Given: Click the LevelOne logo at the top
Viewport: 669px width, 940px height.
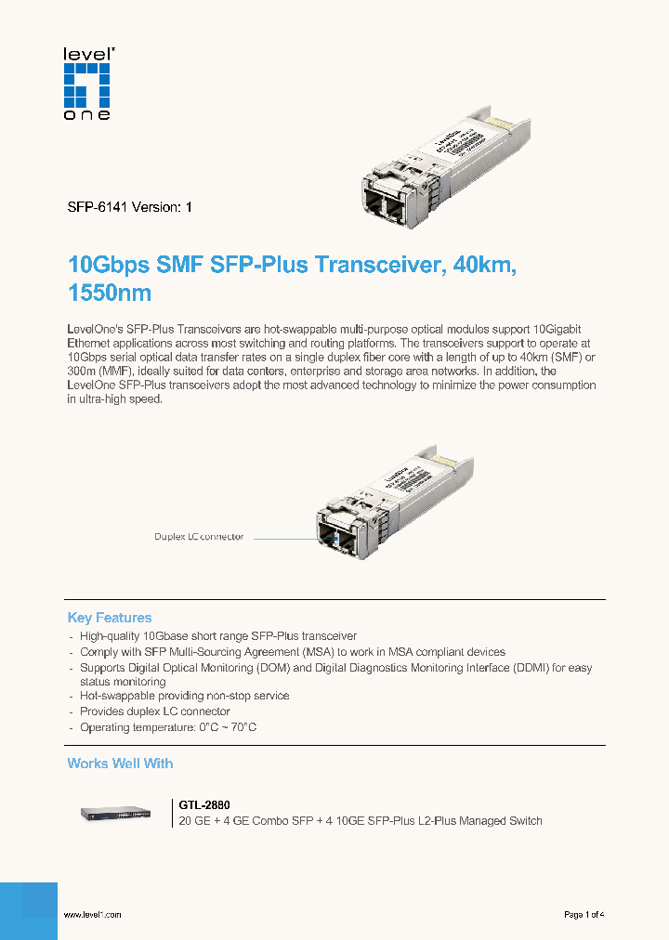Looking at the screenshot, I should click(86, 84).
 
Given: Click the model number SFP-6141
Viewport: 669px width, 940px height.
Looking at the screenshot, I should click(98, 208).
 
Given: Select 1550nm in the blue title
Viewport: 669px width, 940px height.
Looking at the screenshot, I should click(109, 294).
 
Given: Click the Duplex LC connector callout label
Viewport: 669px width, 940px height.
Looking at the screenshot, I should click(199, 537).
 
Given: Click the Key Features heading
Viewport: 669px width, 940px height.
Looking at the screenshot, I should click(109, 618).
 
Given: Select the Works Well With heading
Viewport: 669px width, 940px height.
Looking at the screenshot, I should click(120, 764).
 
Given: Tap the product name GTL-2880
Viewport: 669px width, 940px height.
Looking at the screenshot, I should click(203, 804).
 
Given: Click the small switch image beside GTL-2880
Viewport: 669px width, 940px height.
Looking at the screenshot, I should click(119, 813).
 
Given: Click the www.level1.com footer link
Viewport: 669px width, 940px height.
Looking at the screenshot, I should click(92, 915).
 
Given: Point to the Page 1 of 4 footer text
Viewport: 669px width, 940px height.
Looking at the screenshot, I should click(584, 915).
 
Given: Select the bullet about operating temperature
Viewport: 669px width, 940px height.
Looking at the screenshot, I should click(167, 727).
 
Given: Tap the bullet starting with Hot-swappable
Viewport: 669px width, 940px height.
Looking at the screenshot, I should click(184, 696).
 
